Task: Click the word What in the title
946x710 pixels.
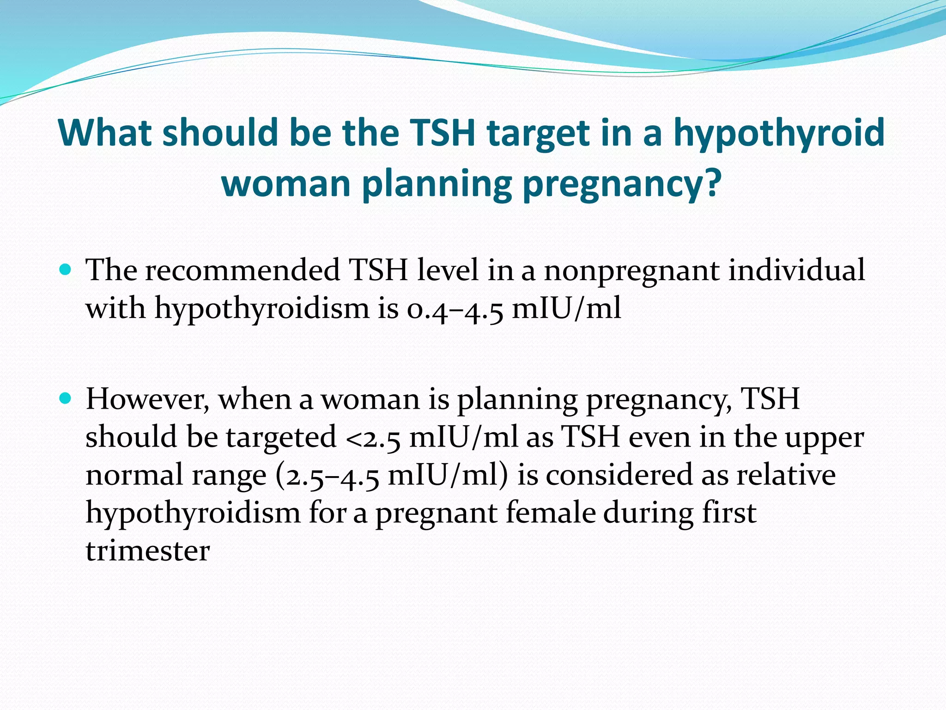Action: click(x=105, y=133)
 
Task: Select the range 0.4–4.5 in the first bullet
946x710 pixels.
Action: click(x=455, y=308)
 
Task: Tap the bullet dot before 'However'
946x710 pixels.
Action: click(x=66, y=398)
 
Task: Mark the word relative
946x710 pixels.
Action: click(x=786, y=475)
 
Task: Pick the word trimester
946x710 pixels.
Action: click(x=148, y=551)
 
